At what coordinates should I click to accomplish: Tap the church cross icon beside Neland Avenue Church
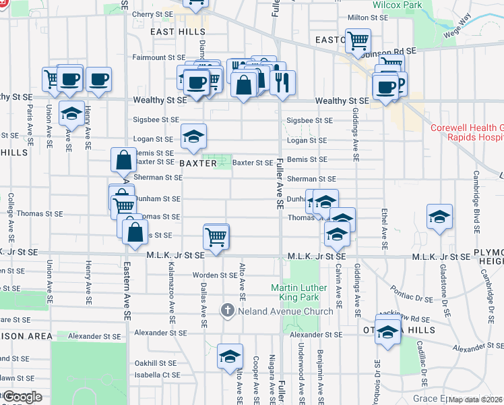click(228, 310)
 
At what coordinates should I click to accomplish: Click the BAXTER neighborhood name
click(198, 163)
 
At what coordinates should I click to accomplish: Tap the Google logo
click(22, 397)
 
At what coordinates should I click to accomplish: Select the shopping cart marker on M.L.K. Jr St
click(216, 237)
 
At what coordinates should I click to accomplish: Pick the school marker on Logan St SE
click(193, 137)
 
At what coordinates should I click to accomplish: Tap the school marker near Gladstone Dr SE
click(439, 217)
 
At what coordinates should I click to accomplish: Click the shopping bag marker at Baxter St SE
click(124, 161)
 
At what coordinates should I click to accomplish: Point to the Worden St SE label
click(214, 275)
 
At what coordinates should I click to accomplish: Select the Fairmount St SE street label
click(158, 58)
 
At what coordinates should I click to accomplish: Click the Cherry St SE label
click(153, 14)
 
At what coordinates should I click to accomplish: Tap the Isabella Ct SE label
click(157, 375)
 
